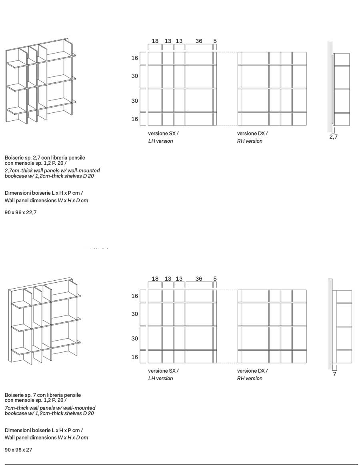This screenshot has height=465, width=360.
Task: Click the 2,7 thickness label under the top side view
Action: [334, 137]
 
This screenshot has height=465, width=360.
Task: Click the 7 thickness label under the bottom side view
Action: [334, 374]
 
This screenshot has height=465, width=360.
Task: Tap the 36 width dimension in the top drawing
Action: [199, 41]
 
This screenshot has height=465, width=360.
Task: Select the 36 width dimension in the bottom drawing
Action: [199, 279]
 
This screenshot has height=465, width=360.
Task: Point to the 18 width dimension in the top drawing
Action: [155, 41]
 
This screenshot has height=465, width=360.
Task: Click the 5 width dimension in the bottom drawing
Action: [215, 279]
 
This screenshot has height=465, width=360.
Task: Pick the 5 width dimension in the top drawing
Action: [215, 41]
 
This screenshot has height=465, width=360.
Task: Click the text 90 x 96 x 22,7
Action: [20, 212]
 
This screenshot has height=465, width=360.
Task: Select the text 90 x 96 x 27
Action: [18, 450]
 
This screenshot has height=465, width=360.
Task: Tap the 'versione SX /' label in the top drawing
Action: [163, 133]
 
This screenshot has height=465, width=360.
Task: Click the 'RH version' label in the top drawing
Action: [250, 141]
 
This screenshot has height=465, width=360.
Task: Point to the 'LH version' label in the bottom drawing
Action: [160, 378]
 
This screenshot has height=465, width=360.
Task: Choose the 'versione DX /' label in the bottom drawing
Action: [252, 371]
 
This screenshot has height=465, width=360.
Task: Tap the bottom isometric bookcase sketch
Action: [44, 320]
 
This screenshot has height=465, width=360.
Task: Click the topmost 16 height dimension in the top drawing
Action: [135, 58]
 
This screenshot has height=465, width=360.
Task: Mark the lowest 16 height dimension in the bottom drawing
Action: [135, 357]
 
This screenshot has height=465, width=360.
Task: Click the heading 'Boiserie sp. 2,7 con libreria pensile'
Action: [45, 158]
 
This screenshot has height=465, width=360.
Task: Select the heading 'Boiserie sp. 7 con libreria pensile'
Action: [43, 395]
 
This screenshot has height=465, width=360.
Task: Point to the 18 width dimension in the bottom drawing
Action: [155, 279]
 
